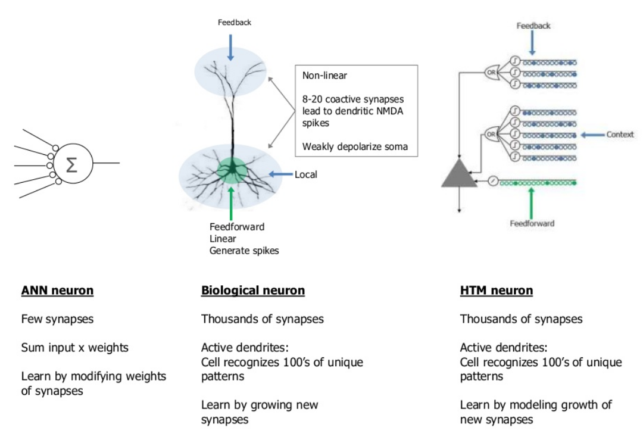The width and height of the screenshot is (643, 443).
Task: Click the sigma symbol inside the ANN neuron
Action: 71,164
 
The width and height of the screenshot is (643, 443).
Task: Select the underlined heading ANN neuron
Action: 57,291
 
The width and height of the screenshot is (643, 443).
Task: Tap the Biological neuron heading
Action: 253,291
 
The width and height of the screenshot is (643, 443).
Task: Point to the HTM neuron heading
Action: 497,291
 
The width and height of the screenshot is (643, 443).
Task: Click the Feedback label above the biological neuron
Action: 234,23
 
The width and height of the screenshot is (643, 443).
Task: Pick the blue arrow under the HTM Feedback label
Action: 533,42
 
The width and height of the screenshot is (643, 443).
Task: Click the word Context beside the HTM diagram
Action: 620,135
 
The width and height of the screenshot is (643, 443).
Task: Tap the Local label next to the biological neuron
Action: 306,174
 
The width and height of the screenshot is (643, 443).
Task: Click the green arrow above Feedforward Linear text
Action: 230,202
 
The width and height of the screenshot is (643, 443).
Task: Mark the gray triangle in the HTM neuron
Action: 459,173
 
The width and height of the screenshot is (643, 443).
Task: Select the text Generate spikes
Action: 244,251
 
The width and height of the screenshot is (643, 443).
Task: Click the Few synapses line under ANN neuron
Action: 57,319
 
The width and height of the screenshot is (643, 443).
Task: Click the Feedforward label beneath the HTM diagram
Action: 532,223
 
